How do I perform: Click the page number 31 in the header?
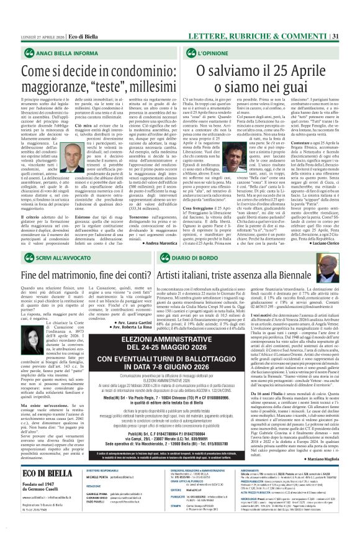(352, 6)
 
